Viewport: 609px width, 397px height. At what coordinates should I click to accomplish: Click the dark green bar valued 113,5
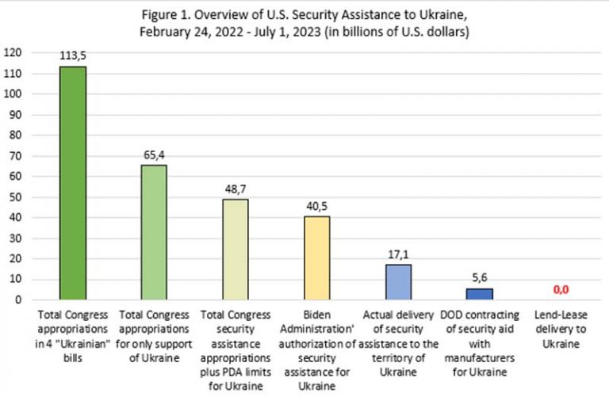point(73,183)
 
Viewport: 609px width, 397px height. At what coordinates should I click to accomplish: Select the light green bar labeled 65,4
point(154,232)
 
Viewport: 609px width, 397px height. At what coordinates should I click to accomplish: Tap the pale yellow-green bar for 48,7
point(236,249)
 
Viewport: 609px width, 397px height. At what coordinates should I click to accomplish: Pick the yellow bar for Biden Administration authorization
point(317,258)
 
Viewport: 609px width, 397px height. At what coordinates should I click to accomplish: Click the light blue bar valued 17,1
point(399,282)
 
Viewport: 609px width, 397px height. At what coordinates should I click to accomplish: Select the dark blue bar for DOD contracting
point(480,294)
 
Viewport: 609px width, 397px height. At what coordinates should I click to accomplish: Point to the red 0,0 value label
point(561,289)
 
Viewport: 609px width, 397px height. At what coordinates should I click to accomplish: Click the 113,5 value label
point(73,56)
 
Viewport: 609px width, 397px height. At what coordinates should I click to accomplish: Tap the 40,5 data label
point(317,207)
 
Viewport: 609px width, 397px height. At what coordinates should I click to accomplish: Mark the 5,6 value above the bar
point(480,278)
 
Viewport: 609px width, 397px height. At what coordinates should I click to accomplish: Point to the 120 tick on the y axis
point(13,52)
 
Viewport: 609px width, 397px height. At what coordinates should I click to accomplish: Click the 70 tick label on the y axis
point(16,155)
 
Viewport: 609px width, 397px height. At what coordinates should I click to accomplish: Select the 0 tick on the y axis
point(18,300)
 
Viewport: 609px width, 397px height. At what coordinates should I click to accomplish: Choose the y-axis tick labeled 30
point(16,238)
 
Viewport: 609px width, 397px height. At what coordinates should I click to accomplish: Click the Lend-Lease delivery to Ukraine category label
point(561,329)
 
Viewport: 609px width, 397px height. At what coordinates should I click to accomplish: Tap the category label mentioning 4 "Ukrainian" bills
point(73,336)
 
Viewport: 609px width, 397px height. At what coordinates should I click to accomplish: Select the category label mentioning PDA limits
point(236,350)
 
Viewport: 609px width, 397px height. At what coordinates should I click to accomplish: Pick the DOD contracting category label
point(480,343)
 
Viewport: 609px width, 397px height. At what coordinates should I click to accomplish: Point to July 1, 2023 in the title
point(287,32)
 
